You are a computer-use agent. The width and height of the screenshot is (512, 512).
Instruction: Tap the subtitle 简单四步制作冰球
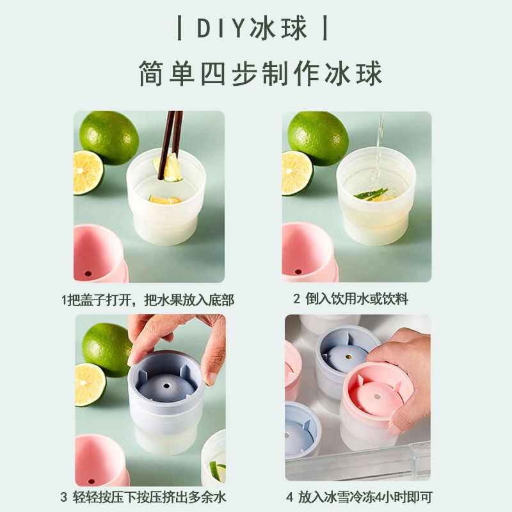(260, 74)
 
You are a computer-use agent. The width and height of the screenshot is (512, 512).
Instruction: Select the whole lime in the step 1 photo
(109, 137)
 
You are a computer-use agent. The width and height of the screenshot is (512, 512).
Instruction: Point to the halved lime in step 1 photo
(87, 172)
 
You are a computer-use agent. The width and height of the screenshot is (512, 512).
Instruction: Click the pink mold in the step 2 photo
(308, 253)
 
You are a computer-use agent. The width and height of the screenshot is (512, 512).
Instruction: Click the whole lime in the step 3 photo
(106, 349)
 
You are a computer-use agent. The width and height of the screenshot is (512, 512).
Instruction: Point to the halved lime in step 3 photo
(89, 384)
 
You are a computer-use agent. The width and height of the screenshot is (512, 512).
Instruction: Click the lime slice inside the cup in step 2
(372, 193)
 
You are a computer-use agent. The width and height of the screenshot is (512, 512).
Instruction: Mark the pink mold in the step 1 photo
(99, 253)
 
